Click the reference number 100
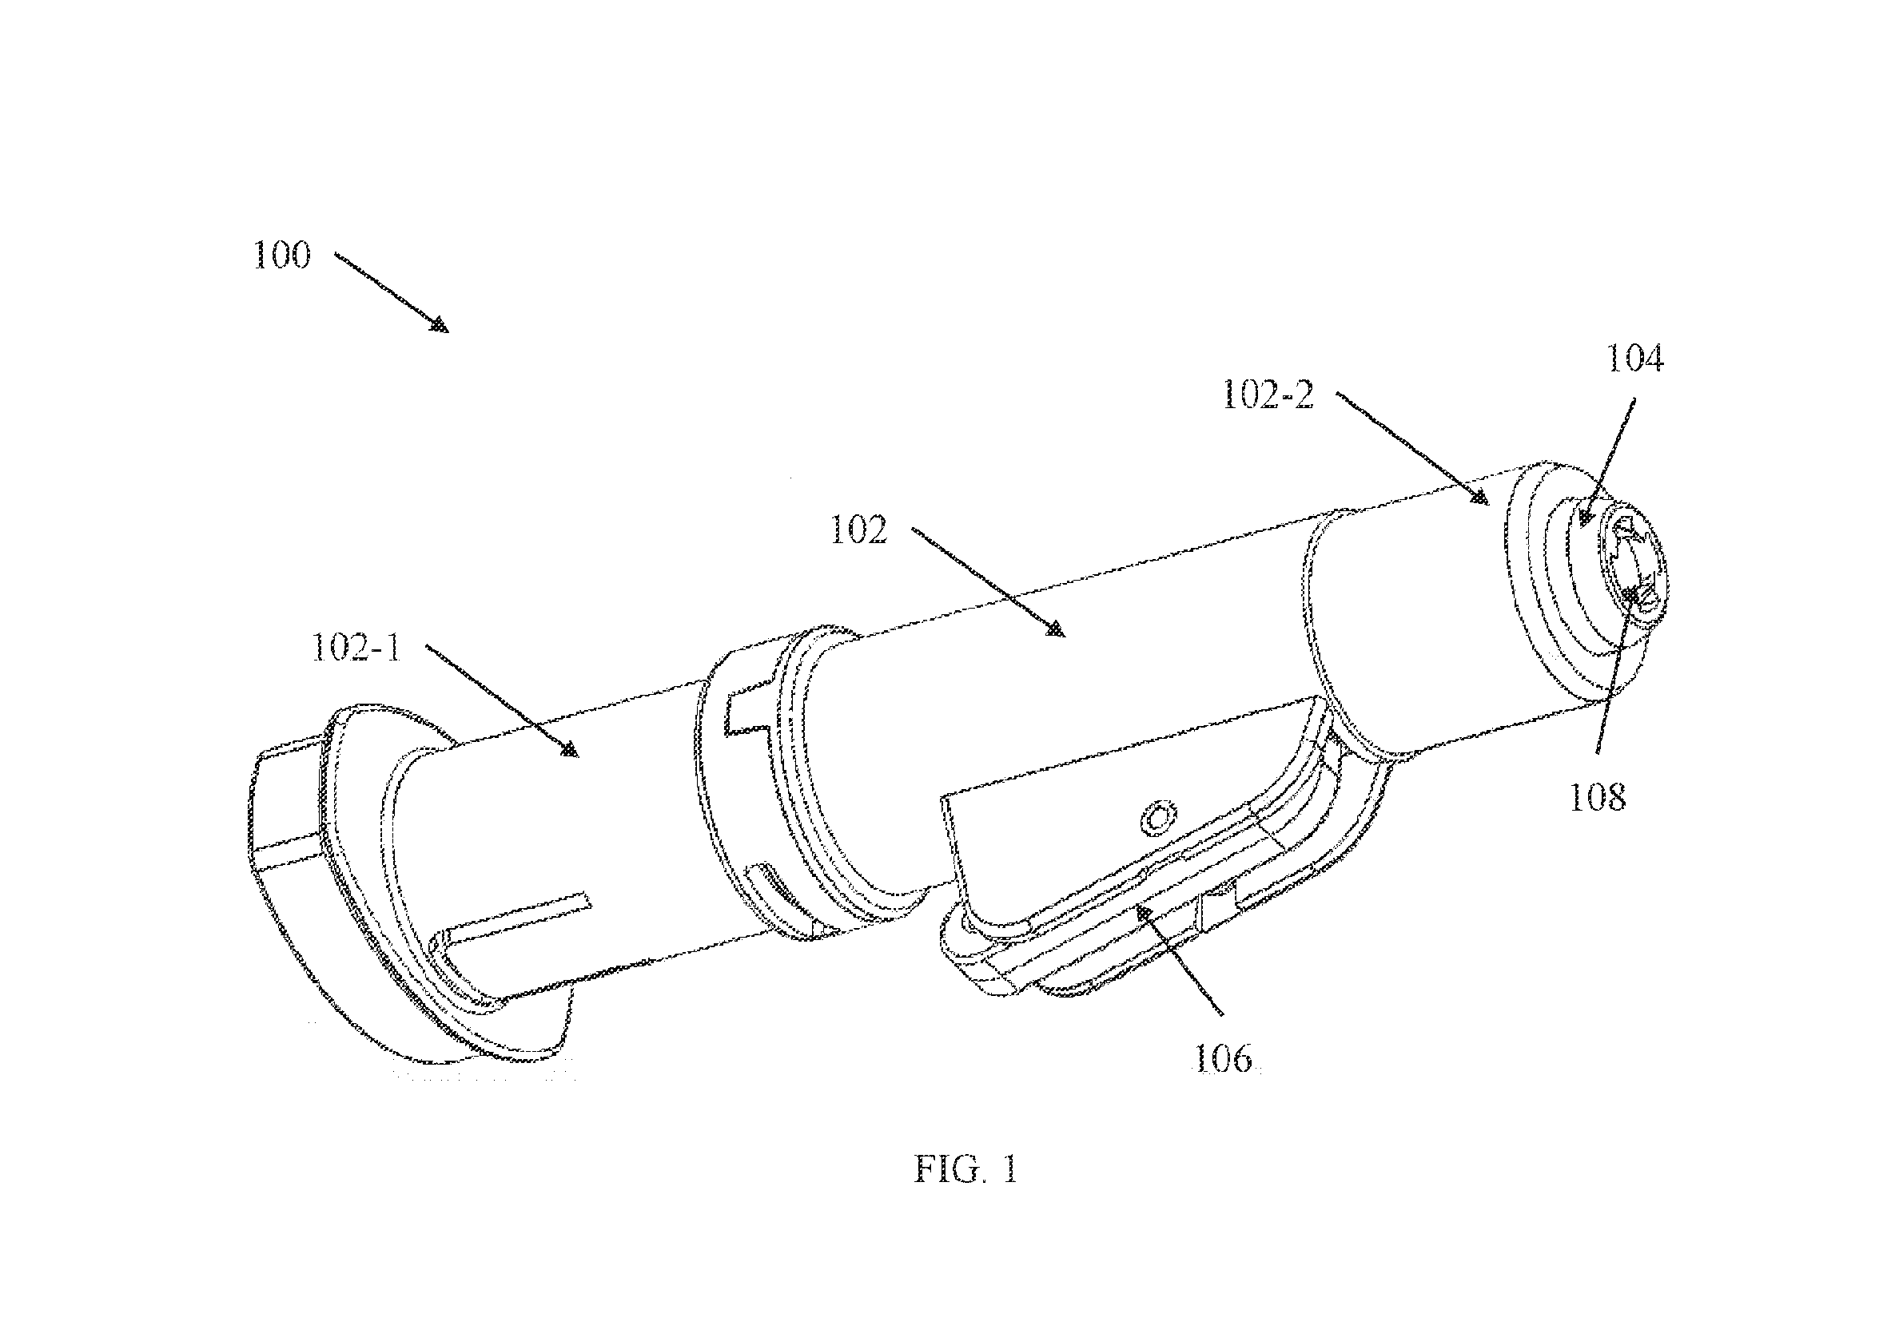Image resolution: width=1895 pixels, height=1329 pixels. [282, 255]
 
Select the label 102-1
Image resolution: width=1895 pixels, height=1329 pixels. [356, 648]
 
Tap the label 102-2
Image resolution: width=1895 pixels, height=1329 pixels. [1268, 396]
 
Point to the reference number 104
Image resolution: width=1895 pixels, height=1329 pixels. [1634, 359]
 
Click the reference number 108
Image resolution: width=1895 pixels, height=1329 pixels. [1597, 798]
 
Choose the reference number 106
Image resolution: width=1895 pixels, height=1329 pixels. [1224, 1057]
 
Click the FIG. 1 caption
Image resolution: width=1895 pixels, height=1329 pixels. [965, 1169]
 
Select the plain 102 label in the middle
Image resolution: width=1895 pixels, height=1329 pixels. [858, 530]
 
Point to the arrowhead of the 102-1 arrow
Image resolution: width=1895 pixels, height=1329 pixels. [569, 750]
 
